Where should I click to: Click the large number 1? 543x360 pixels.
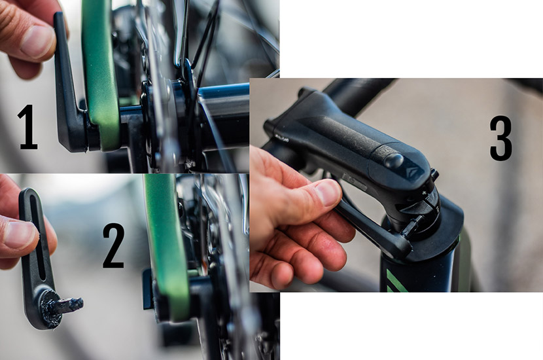click(x=27, y=127)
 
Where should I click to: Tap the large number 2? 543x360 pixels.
click(x=114, y=245)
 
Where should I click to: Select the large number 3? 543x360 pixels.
click(x=500, y=139)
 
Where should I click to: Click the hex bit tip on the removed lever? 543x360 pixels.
click(x=72, y=305)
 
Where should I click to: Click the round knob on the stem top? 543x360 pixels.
click(x=394, y=161)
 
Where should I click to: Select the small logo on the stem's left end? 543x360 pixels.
click(x=281, y=139)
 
